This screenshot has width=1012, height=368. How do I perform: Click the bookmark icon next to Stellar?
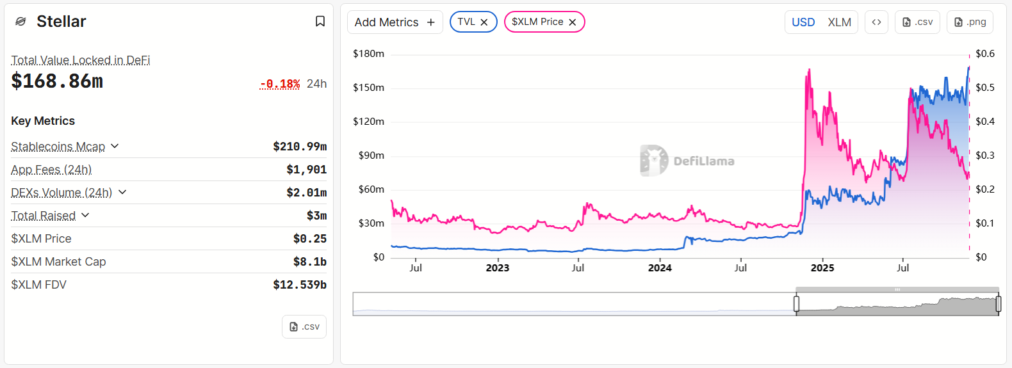pos(320,22)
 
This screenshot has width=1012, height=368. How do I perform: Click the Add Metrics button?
pos(395,22)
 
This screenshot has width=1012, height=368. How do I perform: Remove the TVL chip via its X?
pos(484,22)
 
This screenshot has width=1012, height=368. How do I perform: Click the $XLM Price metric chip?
pos(537,22)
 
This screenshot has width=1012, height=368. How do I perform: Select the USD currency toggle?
pos(803,22)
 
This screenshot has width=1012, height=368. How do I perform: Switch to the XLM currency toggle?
pos(839,22)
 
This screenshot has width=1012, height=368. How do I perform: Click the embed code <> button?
pos(876,22)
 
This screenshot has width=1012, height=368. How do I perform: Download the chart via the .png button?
pos(970,22)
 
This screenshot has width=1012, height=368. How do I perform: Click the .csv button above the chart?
pos(917,22)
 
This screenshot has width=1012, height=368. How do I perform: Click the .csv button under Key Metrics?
pos(304,327)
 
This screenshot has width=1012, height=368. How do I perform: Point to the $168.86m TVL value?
pos(57,81)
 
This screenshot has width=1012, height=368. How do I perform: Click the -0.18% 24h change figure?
pos(280,84)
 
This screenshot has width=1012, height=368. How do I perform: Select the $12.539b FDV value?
pos(300,285)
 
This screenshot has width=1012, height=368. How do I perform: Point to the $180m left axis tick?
pos(368,54)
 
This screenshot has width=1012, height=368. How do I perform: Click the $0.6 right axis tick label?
pos(984,54)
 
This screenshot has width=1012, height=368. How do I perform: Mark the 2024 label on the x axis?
pos(660,268)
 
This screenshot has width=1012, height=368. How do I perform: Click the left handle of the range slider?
pos(797,304)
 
